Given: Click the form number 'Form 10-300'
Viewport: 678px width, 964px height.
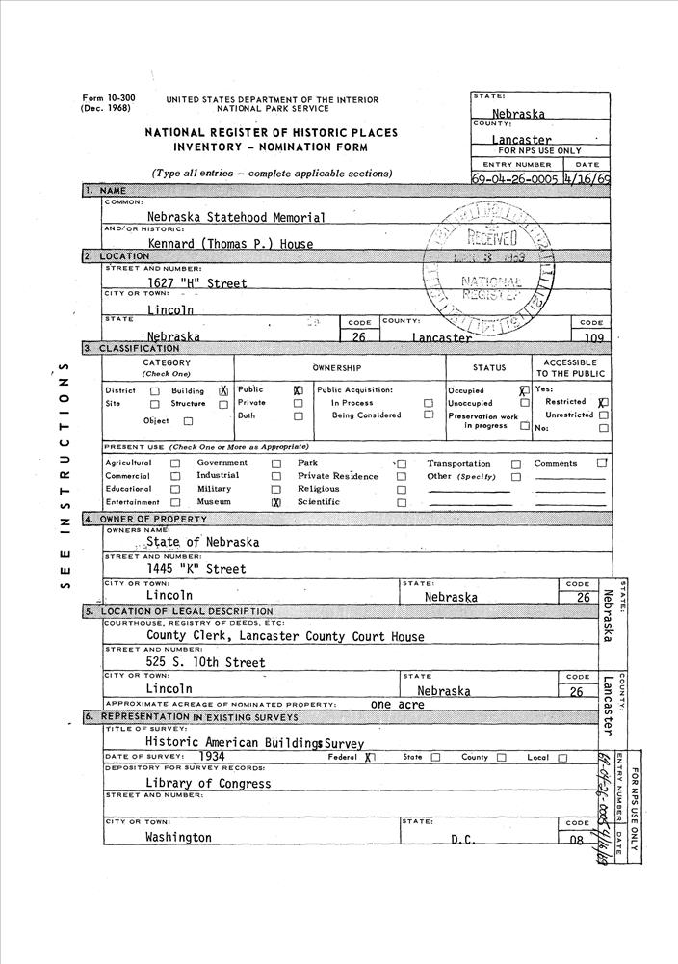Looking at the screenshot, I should click(x=108, y=99).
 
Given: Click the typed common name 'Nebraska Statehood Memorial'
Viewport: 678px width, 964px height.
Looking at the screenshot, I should click(x=236, y=218).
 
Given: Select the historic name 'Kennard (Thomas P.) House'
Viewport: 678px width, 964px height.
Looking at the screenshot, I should click(x=230, y=245).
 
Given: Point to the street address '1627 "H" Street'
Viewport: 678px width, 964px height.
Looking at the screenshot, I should click(x=197, y=283).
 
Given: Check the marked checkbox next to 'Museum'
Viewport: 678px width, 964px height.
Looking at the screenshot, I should click(x=275, y=502).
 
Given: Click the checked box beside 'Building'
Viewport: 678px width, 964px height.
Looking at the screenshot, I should click(x=222, y=391).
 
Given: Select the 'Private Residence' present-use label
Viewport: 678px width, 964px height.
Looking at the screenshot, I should click(x=337, y=476).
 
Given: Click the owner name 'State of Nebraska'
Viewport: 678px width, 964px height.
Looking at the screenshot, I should click(x=202, y=542).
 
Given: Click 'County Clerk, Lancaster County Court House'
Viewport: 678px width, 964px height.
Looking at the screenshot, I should click(x=285, y=637).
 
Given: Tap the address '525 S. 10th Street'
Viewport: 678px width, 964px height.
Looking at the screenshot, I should click(x=205, y=663).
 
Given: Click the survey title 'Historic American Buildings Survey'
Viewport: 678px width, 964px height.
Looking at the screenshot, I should click(x=254, y=743).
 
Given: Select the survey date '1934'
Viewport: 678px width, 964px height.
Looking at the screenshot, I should click(x=208, y=758).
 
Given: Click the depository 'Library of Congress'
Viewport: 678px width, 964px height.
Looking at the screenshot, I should click(x=208, y=784).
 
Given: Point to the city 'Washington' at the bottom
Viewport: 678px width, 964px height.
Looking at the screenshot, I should click(x=178, y=838).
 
